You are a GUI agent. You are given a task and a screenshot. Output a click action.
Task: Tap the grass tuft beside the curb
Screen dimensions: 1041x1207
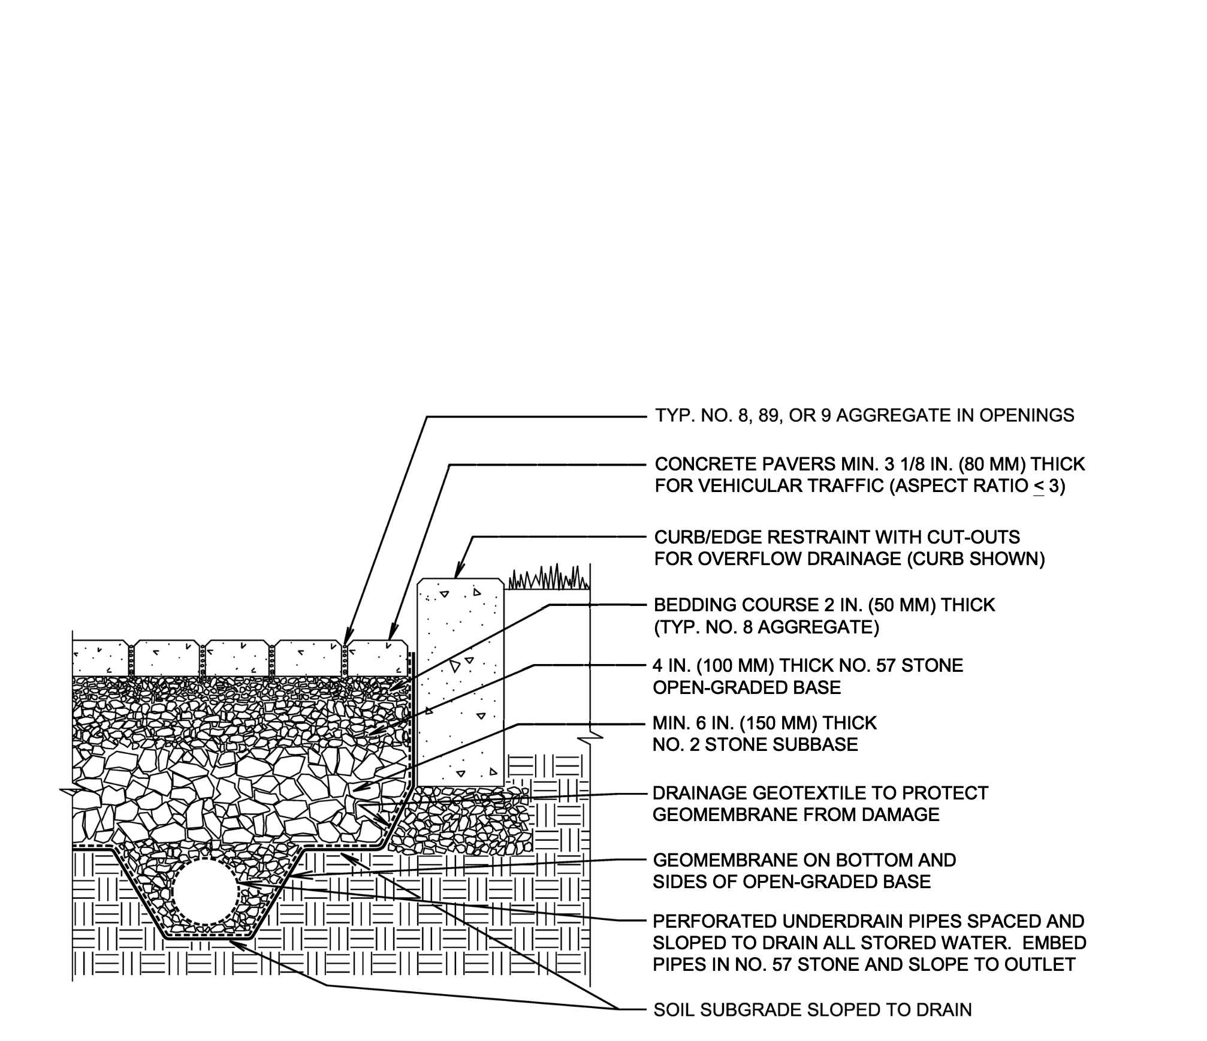coord(549,577)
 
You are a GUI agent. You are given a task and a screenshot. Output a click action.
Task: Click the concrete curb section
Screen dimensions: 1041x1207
coord(460,683)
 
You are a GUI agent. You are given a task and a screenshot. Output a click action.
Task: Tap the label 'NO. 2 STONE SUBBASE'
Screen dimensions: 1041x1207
coord(755,744)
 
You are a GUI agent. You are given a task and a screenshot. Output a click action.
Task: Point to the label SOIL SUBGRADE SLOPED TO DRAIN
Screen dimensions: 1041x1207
coord(812,1010)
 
